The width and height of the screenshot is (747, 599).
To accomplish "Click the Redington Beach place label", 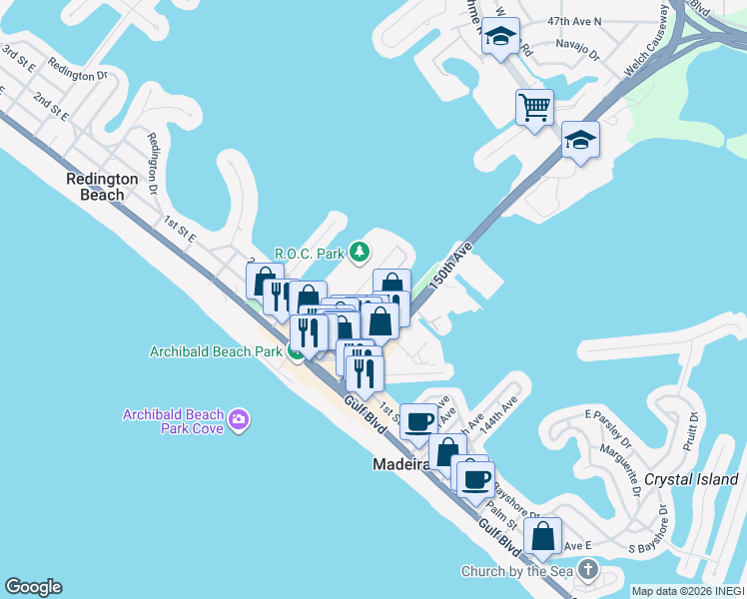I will pyautogui.click(x=101, y=187).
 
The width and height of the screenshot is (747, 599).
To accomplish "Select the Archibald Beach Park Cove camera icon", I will pyautogui.click(x=238, y=419).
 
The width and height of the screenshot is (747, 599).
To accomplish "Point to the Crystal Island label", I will pyautogui.click(x=690, y=479).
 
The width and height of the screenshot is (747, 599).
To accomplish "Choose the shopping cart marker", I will pyautogui.click(x=535, y=107).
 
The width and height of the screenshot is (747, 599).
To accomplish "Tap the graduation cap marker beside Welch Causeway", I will pyautogui.click(x=580, y=140).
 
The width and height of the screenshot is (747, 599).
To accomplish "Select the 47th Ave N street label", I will pyautogui.click(x=574, y=20).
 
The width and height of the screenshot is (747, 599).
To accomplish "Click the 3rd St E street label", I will pyautogui.click(x=17, y=59).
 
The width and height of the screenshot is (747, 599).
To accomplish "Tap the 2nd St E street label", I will pyautogui.click(x=49, y=106).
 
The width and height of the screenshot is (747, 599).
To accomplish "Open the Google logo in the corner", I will pyautogui.click(x=33, y=587).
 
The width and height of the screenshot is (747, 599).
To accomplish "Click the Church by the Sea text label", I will pyautogui.click(x=518, y=571).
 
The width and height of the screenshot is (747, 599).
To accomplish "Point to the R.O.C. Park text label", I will pyautogui.click(x=310, y=254).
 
